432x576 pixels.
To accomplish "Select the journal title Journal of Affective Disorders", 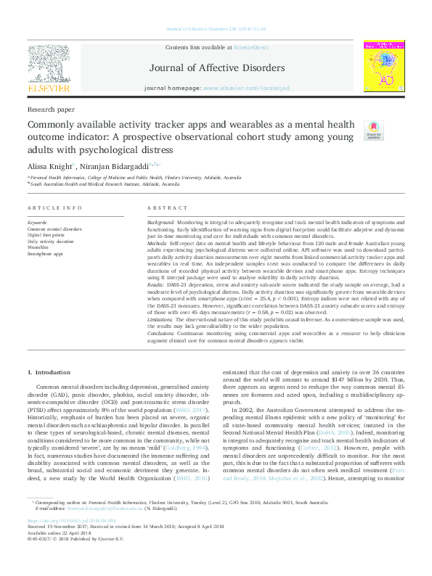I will tap(216, 69).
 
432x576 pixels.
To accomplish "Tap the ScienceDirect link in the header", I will tap(251, 48).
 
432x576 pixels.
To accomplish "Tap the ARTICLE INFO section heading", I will tap(54, 208).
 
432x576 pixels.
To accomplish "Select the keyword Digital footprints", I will tap(45, 235).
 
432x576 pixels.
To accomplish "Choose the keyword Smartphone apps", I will tap(44, 254).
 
